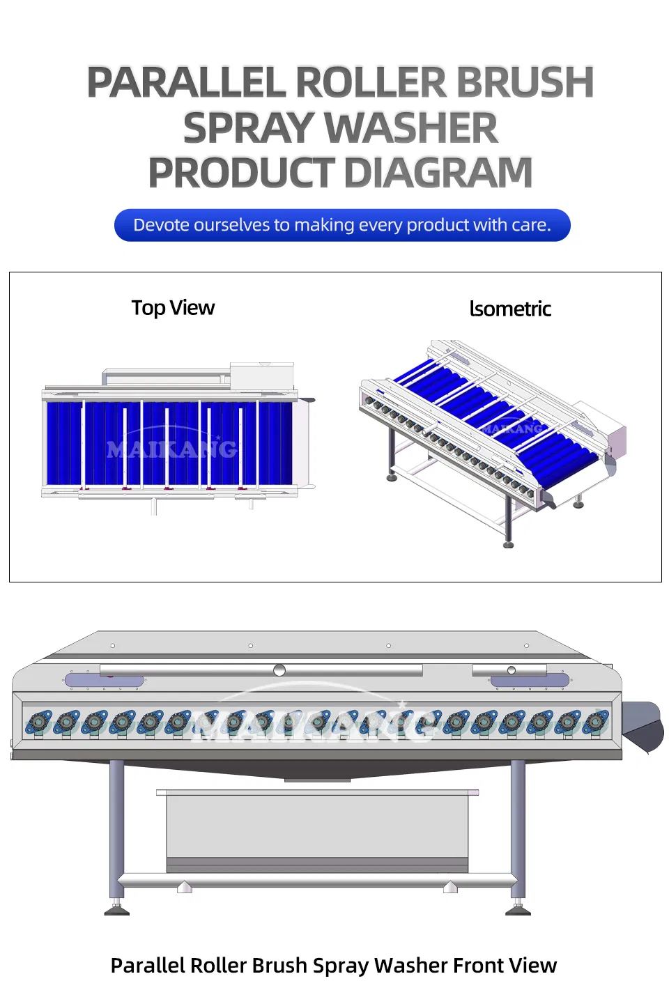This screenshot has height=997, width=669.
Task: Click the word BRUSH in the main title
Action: [x=525, y=82]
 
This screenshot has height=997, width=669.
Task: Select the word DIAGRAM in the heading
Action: [x=438, y=172]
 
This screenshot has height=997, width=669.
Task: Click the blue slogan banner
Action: [x=342, y=225]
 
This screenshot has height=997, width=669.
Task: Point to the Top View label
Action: [x=173, y=308]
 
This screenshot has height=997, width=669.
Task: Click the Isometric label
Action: [x=510, y=309]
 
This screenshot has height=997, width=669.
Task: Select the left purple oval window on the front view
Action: [x=104, y=681]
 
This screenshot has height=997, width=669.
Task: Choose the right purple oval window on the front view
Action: [x=530, y=681]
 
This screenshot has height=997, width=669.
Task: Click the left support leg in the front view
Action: [x=116, y=829]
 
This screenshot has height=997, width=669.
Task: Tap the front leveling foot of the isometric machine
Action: [x=508, y=544]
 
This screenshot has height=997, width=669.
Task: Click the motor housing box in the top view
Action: [x=262, y=376]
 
